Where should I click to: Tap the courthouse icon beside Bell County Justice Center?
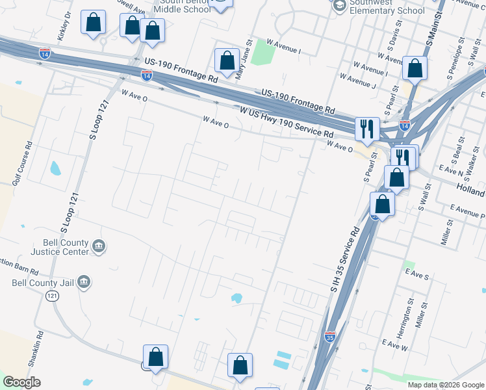[99, 246]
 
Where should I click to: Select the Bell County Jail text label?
[43, 283]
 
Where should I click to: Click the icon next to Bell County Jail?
[83, 281]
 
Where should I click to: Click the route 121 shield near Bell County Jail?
[51, 295]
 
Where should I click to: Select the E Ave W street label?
[394, 344]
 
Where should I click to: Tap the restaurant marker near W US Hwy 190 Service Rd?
[367, 128]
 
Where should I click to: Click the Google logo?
[21, 382]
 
